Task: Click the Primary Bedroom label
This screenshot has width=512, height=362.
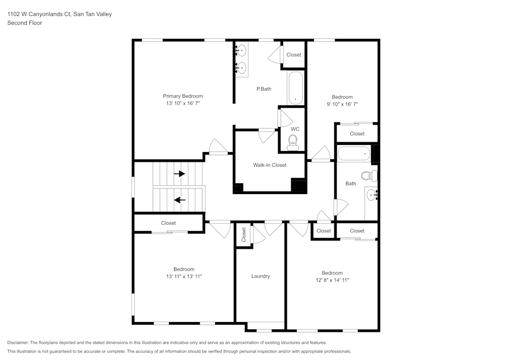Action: coord(183,96)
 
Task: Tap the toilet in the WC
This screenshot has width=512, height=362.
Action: coord(292,146)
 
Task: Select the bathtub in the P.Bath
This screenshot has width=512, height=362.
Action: coord(295,88)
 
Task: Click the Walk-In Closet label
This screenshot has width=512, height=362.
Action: coord(269,165)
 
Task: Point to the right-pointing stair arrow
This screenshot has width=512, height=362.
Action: coord(179,174)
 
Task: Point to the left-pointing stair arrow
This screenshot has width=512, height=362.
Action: coord(179,200)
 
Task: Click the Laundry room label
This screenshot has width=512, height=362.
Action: coord(260,276)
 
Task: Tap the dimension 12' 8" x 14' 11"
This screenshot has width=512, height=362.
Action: coord(332,280)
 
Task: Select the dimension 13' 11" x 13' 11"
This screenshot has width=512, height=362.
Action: coord(184,276)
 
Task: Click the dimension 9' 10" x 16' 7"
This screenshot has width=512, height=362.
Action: coord(342,104)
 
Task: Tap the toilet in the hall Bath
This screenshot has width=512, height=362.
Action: coord(368,176)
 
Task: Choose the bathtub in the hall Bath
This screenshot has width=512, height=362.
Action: coord(354,153)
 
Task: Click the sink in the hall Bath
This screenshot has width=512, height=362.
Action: coord(372,195)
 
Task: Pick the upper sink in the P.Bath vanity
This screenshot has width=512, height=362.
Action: coord(241,51)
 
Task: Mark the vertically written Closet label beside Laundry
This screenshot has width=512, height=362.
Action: coord(244,235)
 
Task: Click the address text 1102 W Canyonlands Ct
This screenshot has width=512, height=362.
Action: coord(39,14)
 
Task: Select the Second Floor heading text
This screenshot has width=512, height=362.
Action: coord(25,23)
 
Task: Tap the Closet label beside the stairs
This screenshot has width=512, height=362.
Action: coord(168,223)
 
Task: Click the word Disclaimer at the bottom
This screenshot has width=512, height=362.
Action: coord(18,343)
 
